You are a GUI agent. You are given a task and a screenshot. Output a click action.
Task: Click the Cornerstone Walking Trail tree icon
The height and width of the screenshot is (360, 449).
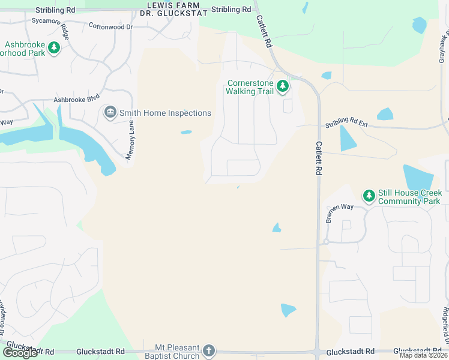tap(283, 87)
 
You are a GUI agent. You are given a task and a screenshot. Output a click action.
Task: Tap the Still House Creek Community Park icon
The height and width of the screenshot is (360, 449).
tap(369, 196)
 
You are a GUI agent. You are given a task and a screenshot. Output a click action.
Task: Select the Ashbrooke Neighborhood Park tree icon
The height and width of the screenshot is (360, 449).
tap(54, 47)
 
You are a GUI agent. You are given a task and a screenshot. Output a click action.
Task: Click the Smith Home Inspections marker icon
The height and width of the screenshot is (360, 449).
tap(110, 112)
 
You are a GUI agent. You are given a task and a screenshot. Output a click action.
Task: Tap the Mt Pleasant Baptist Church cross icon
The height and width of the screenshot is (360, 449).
tap(208, 350)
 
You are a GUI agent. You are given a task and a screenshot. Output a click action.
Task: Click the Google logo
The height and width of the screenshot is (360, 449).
tap(20, 353)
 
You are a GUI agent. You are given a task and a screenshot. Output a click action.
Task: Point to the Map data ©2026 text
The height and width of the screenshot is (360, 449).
tap(423, 355)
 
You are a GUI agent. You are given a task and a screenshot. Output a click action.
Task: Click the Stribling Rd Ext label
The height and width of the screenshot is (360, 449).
tap(346, 124)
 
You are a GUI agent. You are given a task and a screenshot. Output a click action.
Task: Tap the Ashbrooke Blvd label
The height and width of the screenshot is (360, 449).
tap(76, 100)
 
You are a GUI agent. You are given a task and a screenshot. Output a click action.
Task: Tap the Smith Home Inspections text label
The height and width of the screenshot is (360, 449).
tap(165, 113)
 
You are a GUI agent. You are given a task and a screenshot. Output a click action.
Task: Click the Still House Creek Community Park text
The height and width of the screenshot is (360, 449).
tap(409, 197)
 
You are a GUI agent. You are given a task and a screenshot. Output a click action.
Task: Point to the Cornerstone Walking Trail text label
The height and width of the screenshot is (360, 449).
tap(250, 88)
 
